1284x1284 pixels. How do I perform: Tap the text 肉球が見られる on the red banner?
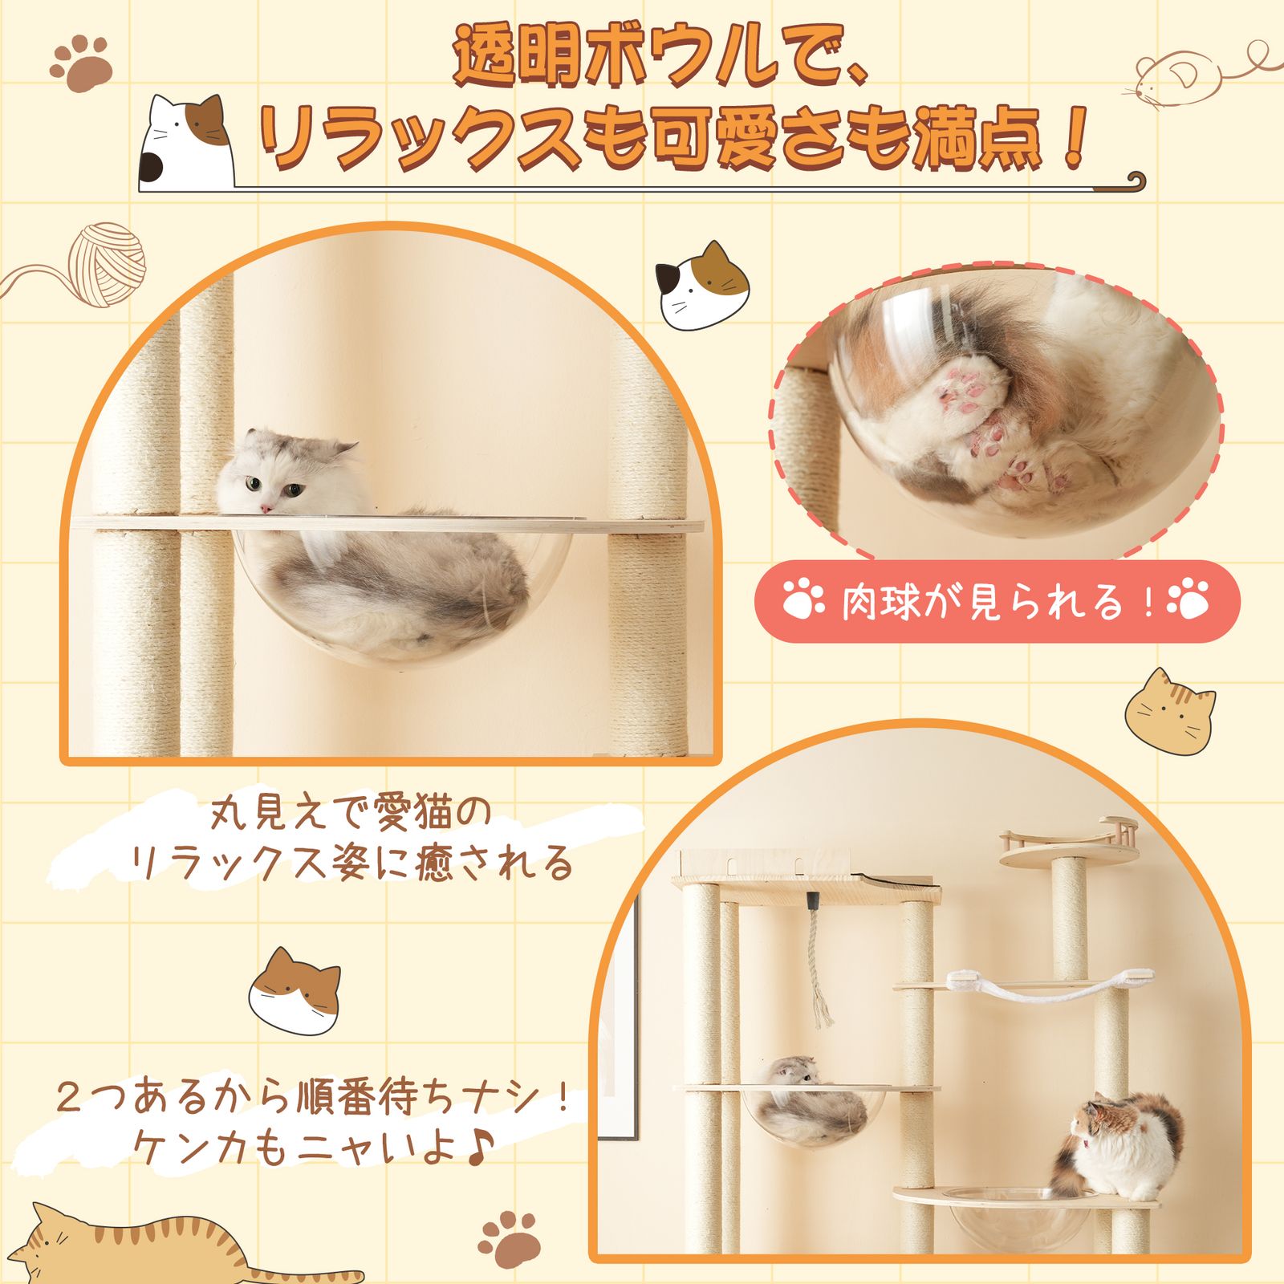981,602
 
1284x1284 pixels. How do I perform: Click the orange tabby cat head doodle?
1168,707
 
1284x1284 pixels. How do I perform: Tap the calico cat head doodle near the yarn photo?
702,286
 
